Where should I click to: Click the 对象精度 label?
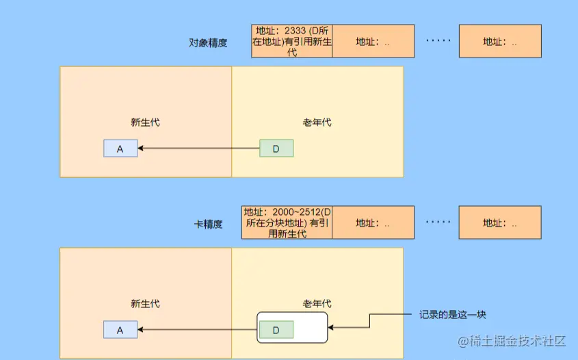tap(208, 42)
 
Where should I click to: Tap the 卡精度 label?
tap(208, 224)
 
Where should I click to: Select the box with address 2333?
tap(292, 41)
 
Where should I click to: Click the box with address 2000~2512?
tap(287, 222)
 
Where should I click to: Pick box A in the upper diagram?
tap(120, 149)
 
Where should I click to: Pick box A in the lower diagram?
tap(120, 330)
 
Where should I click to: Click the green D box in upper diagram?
tap(276, 149)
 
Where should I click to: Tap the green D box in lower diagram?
tap(276, 330)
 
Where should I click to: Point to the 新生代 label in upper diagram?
tap(145, 123)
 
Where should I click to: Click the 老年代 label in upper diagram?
tap(317, 123)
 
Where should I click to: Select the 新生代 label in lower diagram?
tap(145, 304)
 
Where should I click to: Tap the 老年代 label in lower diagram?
tap(317, 304)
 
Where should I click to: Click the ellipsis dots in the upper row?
tap(438, 40)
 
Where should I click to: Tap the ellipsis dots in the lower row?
tap(438, 222)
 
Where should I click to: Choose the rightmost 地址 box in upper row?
tap(500, 41)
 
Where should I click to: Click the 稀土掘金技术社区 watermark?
tap(513, 340)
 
